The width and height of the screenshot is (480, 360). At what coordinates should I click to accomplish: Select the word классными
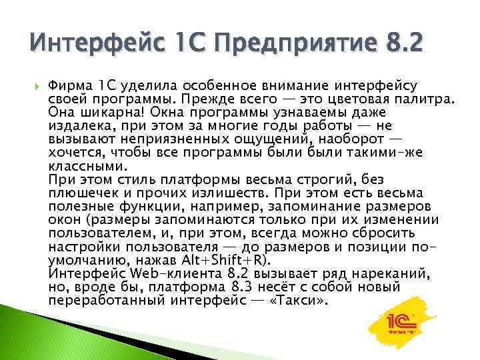[x=87, y=166]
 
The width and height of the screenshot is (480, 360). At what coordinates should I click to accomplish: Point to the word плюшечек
[x=79, y=193]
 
